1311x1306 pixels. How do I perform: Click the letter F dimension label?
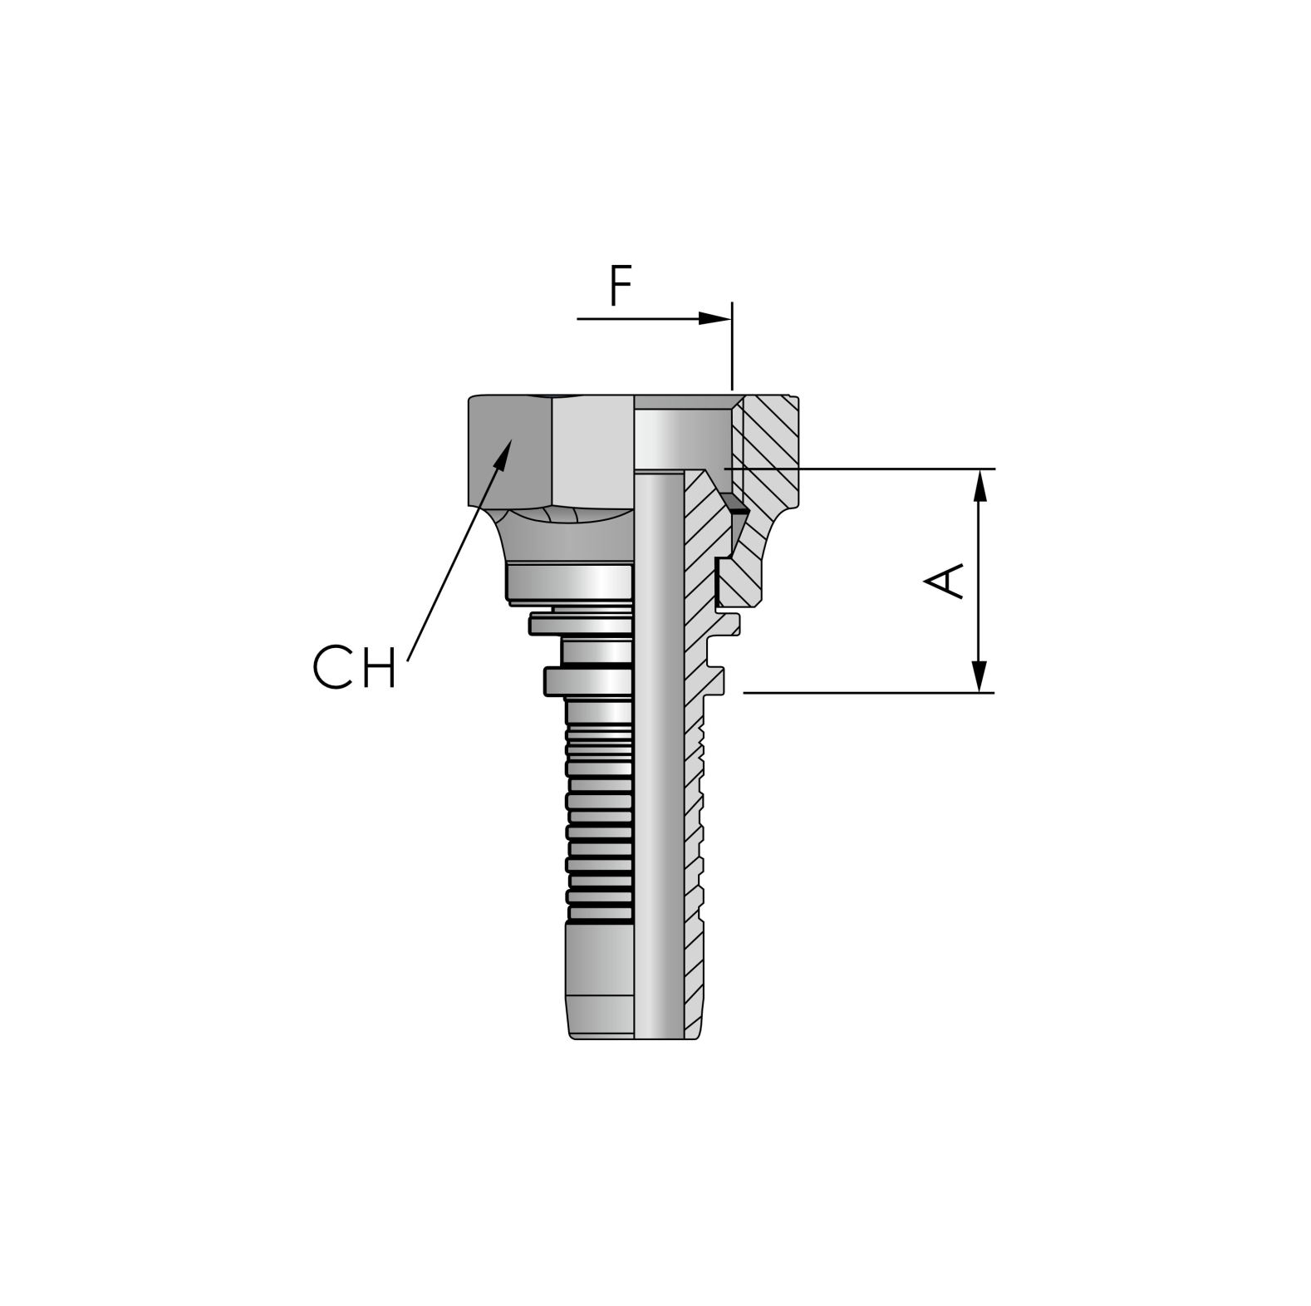[x=620, y=287]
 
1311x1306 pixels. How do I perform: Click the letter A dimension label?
[x=945, y=581]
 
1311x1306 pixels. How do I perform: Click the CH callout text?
[x=355, y=666]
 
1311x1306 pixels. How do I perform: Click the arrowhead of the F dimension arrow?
[x=714, y=318]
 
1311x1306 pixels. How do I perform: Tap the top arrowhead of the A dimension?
[x=981, y=485]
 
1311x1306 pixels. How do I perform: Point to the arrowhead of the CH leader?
[x=503, y=453]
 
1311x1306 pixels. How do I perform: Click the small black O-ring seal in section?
[x=734, y=503]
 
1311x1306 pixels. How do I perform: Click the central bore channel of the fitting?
[x=660, y=748]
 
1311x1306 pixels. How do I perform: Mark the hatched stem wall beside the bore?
[x=695, y=789]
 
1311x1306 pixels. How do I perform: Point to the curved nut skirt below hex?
[x=565, y=540]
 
